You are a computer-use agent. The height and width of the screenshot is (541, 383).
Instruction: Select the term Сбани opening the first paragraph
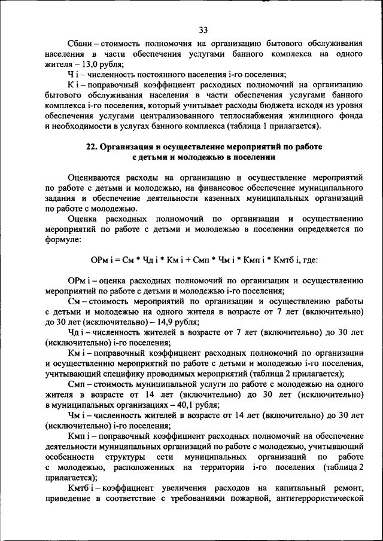(x=81, y=44)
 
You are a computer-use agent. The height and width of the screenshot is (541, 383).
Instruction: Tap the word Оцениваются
(x=97, y=178)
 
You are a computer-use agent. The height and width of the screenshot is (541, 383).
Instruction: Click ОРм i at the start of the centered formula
(x=102, y=259)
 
